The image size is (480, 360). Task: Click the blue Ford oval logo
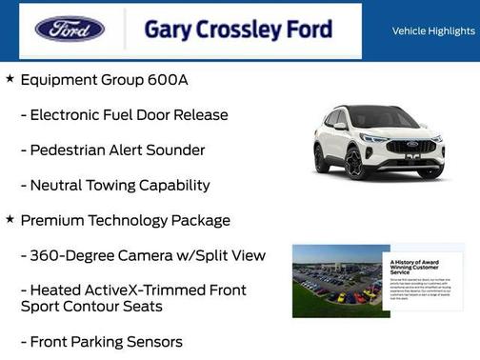pyautogui.click(x=70, y=29)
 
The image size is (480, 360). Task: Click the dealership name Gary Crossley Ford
pyautogui.click(x=238, y=30)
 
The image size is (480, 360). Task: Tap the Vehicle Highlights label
pyautogui.click(x=433, y=31)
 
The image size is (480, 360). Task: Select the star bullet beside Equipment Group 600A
pyautogui.click(x=10, y=79)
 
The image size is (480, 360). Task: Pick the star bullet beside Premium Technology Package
pyautogui.click(x=10, y=219)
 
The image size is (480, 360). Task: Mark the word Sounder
pyautogui.click(x=175, y=150)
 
